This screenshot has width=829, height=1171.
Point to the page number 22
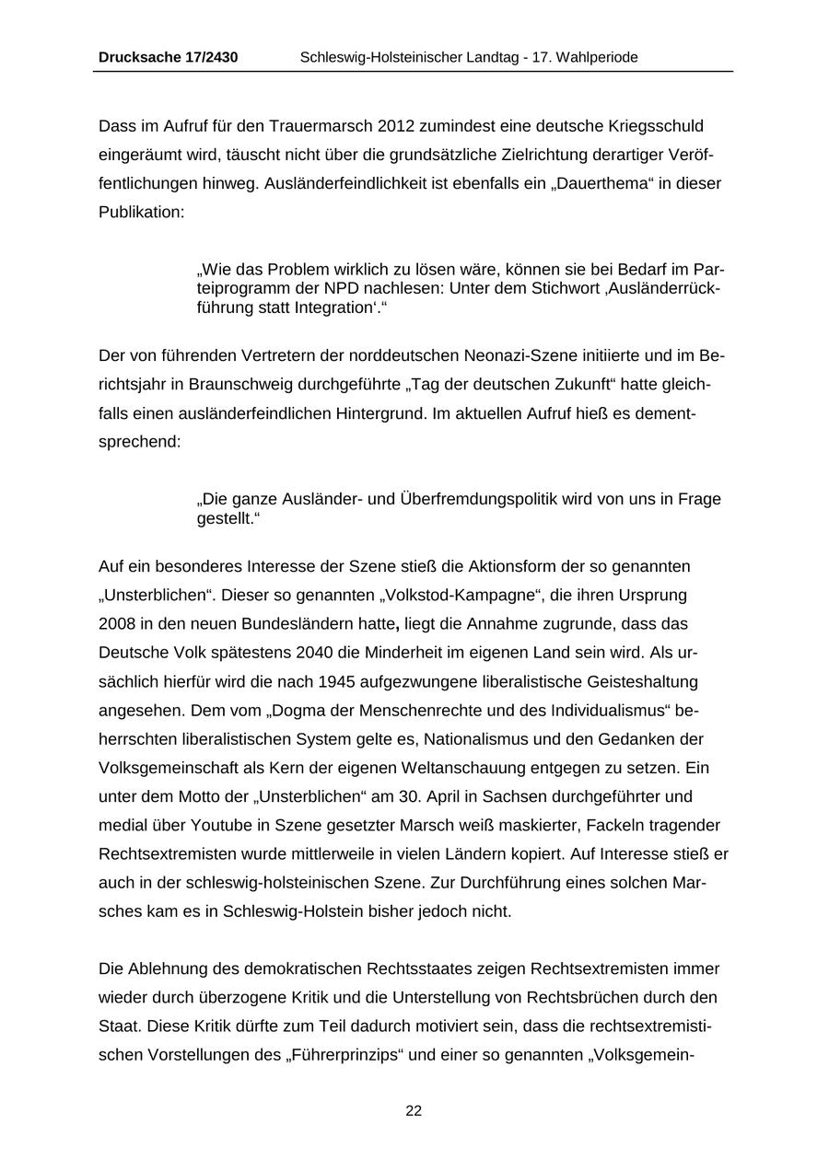click(x=414, y=1111)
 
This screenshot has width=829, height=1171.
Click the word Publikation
click(x=141, y=212)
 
